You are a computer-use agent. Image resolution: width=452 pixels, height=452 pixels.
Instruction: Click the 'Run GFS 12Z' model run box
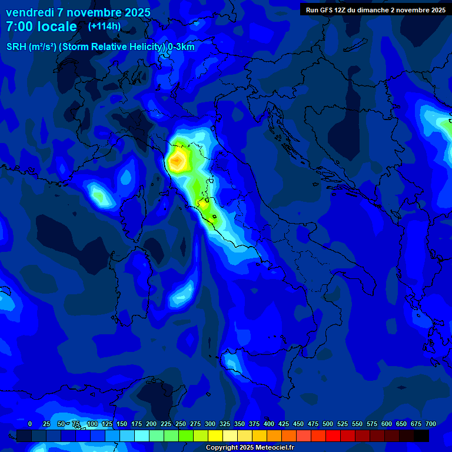pos(375,9)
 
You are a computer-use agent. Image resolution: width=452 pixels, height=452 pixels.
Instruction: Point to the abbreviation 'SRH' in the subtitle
pos(17,47)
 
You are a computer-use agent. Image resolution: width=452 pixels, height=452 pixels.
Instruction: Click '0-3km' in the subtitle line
pos(181,47)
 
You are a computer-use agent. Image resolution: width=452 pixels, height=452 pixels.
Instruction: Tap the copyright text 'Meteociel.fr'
pos(277,448)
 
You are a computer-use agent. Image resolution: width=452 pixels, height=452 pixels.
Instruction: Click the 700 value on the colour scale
pos(431,424)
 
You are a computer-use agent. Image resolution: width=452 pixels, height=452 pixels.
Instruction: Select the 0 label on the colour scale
pos(30,424)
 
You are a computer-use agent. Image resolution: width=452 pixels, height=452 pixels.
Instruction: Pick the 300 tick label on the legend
pos(210,424)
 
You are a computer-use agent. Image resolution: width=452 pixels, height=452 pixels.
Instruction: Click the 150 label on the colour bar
pos(122,424)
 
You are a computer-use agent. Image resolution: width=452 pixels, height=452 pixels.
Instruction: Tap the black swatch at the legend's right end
pos(421,436)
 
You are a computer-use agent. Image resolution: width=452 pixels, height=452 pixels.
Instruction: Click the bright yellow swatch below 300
pos(215,436)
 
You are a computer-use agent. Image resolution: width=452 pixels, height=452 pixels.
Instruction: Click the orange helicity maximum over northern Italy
pos(177,160)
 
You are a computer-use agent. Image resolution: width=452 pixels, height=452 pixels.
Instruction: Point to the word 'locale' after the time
pos(57,27)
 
